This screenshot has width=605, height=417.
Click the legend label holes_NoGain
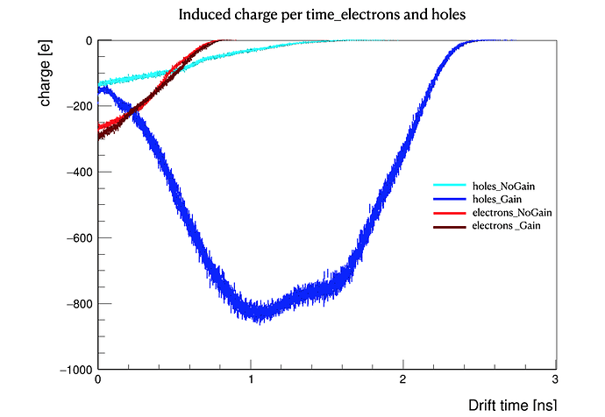tap(503, 187)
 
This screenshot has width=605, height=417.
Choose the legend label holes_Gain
tap(497, 200)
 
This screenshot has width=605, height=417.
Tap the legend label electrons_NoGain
tap(511, 214)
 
